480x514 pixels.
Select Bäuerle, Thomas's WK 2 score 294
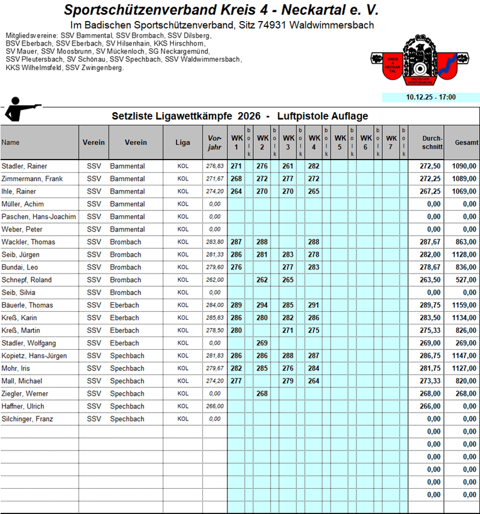[262, 305]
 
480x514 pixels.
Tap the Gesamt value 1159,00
[465, 305]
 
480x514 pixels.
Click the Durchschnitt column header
[432, 142]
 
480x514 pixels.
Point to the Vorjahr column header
[214, 142]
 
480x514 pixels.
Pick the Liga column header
[182, 143]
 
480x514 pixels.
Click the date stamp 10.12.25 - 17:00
[430, 97]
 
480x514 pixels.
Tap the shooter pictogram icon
[23, 112]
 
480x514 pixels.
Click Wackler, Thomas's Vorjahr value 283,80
[214, 242]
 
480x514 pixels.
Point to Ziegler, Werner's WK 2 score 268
[262, 393]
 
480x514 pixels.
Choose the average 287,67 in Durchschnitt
[431, 242]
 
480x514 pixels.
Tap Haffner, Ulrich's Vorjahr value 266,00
[214, 406]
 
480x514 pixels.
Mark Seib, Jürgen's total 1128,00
[465, 255]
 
